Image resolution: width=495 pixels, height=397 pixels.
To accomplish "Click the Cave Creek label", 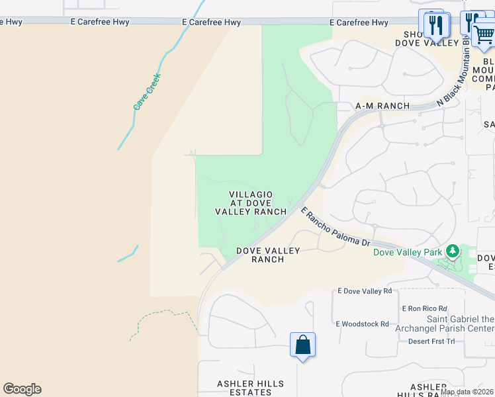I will coord(147,91).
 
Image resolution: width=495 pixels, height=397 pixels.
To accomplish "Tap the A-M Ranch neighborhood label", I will coord(382,106).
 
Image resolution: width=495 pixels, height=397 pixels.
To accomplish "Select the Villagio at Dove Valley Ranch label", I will coord(251,203).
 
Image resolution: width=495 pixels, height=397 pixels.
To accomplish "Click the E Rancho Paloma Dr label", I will coord(336,227).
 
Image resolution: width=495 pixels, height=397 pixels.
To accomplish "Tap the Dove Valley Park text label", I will coord(407,252).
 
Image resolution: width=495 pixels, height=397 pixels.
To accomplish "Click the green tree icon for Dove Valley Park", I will coord(453,251).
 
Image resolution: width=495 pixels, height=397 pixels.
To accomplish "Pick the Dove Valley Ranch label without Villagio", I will coord(268,255).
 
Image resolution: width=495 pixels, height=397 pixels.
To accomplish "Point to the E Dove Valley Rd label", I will coord(365,290).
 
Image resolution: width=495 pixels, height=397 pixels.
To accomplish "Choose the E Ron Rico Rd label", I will coord(424,309).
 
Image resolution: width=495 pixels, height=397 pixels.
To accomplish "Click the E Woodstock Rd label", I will coord(362,324).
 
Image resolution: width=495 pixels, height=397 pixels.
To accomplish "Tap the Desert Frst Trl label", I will coord(431,341).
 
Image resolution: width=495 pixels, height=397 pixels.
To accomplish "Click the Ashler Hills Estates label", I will coord(251,388).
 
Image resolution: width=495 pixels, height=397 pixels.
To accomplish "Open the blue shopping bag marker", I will coord(302,345).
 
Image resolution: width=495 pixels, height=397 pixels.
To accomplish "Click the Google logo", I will coord(22,389).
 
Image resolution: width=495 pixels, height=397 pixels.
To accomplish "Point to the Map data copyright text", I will coord(467,392).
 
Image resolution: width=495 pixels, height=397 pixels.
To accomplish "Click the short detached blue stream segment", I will coord(128,254).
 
